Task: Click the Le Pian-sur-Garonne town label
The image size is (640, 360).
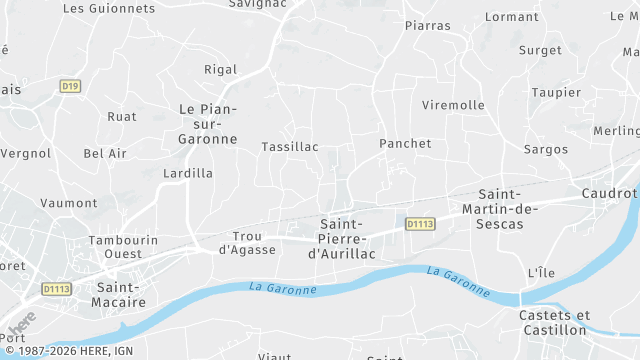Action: point(208,124)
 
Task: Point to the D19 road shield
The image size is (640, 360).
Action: point(70,86)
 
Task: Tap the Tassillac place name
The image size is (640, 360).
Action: point(289,147)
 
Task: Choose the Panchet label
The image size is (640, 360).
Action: point(405,144)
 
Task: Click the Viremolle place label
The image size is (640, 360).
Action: point(453,105)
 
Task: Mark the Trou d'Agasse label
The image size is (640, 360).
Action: point(247,242)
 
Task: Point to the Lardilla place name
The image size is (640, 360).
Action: point(188,173)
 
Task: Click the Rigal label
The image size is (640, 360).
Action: point(220,70)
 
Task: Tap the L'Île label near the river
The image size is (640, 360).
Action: point(540,273)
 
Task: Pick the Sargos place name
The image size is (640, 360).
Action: point(546,149)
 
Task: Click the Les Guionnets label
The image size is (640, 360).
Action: point(109,8)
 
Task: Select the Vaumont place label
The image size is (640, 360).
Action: point(69,203)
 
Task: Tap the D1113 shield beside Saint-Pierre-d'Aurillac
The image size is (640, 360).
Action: point(420,224)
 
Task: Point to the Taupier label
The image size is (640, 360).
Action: point(557,92)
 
